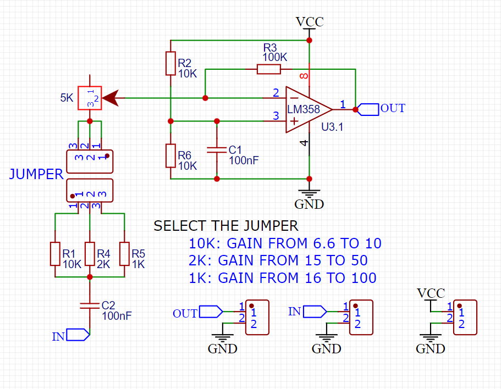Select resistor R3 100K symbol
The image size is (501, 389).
click(269, 69)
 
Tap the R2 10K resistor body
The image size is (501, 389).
click(170, 63)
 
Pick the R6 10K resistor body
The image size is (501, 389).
click(170, 155)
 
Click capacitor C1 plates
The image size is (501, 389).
click(217, 149)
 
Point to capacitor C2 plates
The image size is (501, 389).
click(90, 305)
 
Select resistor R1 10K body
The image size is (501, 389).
click(55, 254)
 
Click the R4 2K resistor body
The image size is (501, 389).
click(90, 254)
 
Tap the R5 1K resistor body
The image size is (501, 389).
click(125, 254)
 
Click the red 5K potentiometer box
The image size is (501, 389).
click(90, 98)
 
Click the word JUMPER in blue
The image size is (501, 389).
click(36, 175)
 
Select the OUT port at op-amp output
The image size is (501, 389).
click(369, 109)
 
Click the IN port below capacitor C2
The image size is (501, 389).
click(78, 336)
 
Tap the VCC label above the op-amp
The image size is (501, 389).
click(309, 22)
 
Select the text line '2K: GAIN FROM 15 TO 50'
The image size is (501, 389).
click(278, 260)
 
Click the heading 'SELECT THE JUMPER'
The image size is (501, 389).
click(225, 226)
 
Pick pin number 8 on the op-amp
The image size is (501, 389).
click(303, 75)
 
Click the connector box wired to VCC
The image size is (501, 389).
click(465, 317)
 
